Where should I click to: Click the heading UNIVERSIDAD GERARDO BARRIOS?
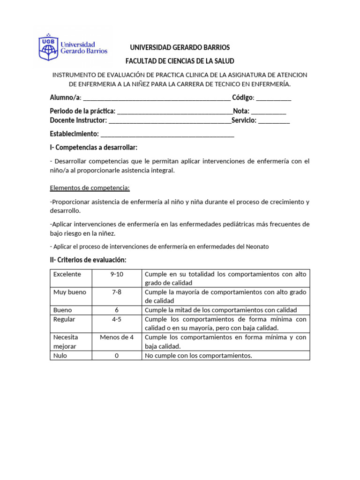tap(180, 48)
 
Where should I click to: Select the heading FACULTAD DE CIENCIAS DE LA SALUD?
tap(180, 61)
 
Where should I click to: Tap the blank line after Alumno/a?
tap(156, 98)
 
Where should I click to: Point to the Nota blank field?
tap(268, 112)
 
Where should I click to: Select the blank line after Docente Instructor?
tap(170, 121)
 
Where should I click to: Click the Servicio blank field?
tap(274, 121)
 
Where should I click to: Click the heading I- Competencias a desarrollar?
tap(94, 148)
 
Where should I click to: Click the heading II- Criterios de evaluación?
tap(89, 260)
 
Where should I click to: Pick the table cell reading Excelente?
tap(67, 274)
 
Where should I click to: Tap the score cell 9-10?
tap(117, 274)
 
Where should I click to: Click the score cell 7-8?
tap(117, 292)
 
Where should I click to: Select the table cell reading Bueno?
tap(63, 310)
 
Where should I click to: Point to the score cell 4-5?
tap(117, 319)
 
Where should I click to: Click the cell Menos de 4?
tap(117, 337)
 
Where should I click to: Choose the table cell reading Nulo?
tap(60, 356)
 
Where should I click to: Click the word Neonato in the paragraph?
tap(257, 247)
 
